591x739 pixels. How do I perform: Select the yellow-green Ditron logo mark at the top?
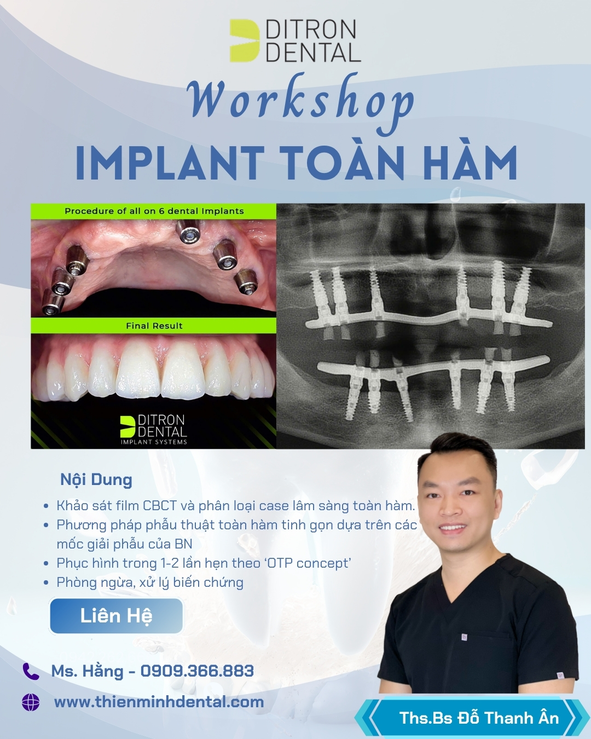click(x=245, y=41)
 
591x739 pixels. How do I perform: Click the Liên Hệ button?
click(x=116, y=616)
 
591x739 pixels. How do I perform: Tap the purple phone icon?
click(x=31, y=671)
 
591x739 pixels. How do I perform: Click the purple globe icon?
click(x=31, y=702)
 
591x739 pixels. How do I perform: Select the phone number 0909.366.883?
click(x=197, y=671)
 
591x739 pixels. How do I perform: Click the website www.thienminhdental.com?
click(x=159, y=702)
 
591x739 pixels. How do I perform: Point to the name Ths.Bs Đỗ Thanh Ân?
click(x=479, y=718)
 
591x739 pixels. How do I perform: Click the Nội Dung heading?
click(x=96, y=480)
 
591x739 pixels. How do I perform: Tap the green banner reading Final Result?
click(x=154, y=326)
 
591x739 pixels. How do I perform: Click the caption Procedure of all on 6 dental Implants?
click(x=154, y=211)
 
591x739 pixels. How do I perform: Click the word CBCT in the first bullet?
click(x=160, y=505)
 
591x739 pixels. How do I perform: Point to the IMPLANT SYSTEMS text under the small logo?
click(x=154, y=442)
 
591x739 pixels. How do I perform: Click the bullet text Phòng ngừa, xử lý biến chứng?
click(x=150, y=582)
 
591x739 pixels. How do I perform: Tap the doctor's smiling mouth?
click(x=452, y=527)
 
